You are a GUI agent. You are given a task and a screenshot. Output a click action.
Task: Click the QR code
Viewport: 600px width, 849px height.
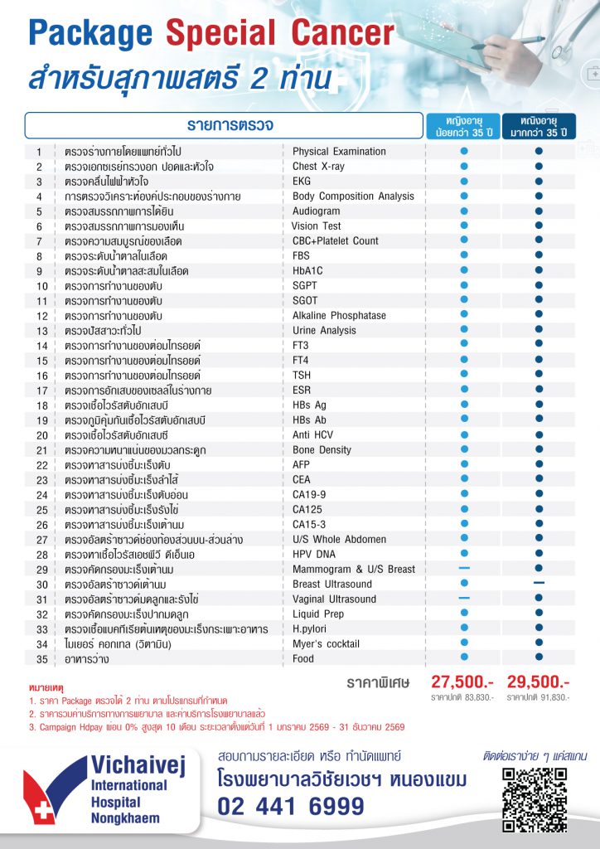click(535, 799)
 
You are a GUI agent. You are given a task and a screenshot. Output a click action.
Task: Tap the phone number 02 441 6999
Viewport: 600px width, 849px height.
click(290, 806)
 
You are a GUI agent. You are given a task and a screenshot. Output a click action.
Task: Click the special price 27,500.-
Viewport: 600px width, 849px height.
click(462, 682)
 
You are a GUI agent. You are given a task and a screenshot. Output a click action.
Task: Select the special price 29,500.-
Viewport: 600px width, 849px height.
click(538, 682)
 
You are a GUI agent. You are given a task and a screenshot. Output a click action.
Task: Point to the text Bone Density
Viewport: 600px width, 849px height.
click(321, 449)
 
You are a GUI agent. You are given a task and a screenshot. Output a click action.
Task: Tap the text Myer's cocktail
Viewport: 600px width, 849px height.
click(327, 643)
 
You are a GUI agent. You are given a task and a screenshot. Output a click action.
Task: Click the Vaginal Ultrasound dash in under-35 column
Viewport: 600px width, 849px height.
click(464, 598)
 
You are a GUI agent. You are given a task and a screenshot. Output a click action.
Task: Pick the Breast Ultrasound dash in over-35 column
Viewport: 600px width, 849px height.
click(538, 583)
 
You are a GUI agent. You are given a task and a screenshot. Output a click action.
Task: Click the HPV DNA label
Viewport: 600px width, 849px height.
click(315, 554)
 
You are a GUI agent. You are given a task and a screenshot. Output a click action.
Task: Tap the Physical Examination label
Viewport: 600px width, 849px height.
click(339, 152)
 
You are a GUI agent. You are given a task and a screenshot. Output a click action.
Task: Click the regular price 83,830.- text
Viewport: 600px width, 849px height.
click(462, 697)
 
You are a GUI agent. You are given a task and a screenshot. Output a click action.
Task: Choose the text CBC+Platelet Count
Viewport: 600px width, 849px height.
click(335, 240)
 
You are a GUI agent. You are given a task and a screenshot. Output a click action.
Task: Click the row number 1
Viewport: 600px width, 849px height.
click(39, 152)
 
